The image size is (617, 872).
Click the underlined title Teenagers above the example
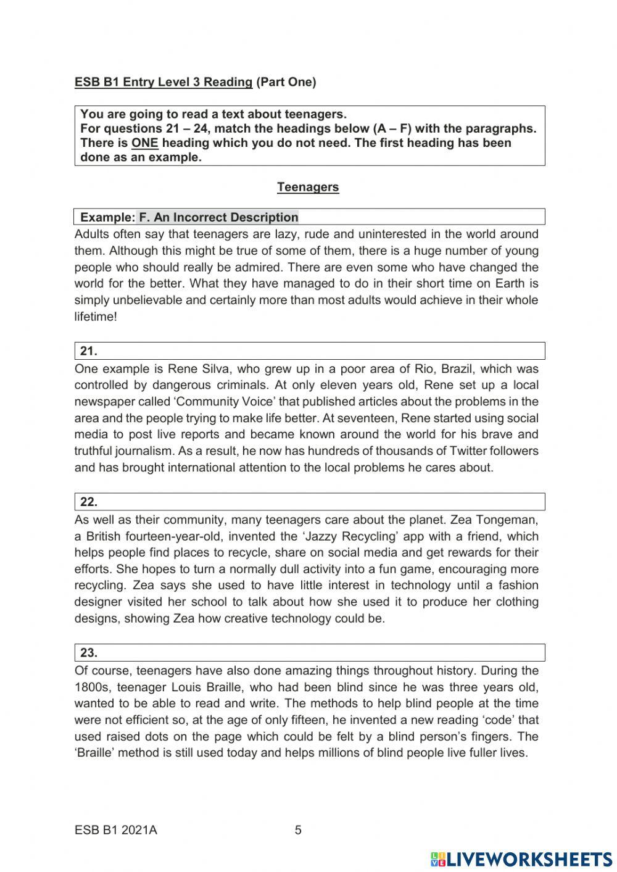tap(308, 187)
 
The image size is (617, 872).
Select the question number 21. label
tap(89, 351)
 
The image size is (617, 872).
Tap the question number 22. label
tap(89, 502)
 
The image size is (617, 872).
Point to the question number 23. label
tap(89, 652)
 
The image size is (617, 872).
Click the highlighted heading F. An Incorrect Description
tap(218, 217)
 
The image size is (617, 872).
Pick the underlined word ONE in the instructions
tap(144, 143)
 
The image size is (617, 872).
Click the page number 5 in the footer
tap(298, 830)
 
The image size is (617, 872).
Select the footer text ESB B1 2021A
tap(115, 830)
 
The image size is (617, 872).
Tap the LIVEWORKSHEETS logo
tap(521, 858)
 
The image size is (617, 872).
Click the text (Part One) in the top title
tap(286, 82)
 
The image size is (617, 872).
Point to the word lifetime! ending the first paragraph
tap(96, 317)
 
